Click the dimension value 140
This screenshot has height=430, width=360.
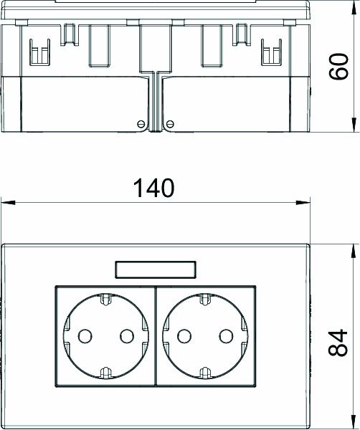pyautogui.click(x=155, y=188)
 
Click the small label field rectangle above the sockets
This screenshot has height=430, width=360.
pyautogui.click(x=155, y=270)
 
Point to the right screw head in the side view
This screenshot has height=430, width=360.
pyautogui.click(x=170, y=125)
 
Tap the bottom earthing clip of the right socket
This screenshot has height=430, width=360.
pyautogui.click(x=204, y=371)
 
